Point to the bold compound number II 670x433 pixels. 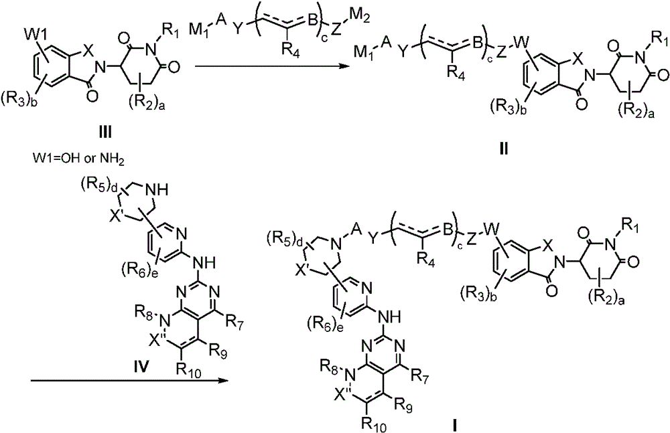click(x=505, y=149)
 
